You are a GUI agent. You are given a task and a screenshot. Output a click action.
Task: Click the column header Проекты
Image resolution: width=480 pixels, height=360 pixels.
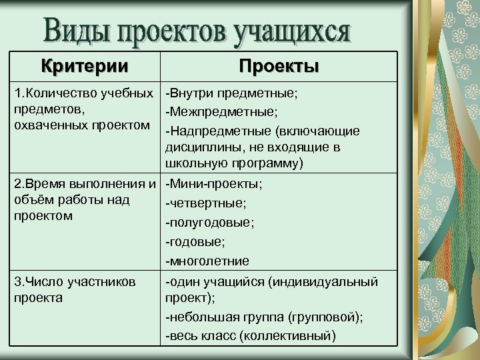(x=279, y=67)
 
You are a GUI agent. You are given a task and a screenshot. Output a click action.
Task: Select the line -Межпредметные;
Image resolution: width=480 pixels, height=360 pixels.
(x=222, y=111)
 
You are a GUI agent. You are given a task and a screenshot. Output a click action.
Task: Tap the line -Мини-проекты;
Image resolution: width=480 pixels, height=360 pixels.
(x=214, y=183)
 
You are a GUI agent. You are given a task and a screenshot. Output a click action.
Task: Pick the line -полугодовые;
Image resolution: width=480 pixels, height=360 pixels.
(x=211, y=222)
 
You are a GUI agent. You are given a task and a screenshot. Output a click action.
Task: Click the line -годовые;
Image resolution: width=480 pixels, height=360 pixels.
(x=197, y=241)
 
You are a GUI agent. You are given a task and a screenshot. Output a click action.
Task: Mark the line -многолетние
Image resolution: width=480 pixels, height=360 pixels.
(x=207, y=261)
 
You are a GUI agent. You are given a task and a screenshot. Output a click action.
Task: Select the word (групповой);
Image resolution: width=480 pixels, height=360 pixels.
(x=325, y=317)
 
